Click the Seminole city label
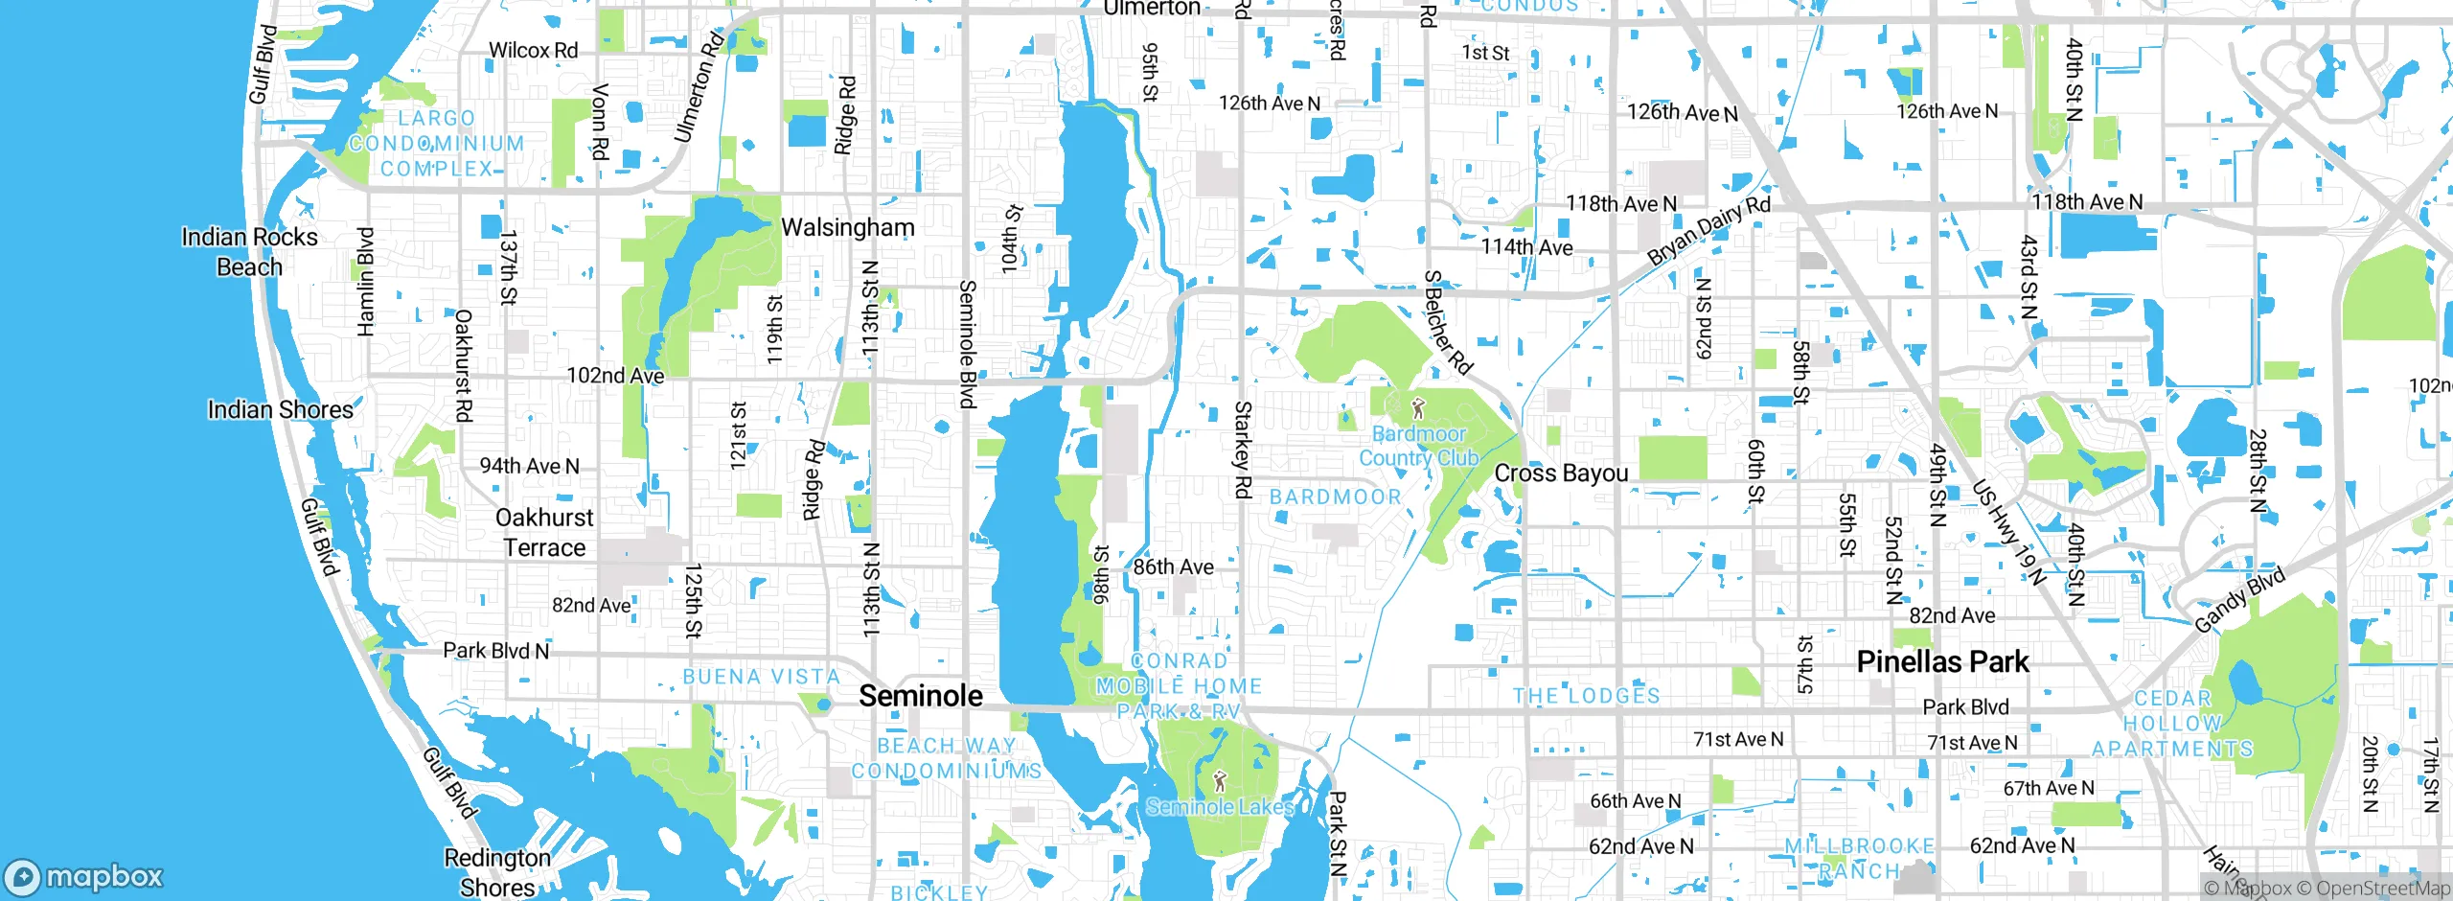click(920, 696)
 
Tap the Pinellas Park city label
click(1942, 661)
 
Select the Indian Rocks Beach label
click(249, 252)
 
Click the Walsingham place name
click(848, 227)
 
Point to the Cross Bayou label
click(1561, 474)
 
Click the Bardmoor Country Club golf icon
click(1419, 409)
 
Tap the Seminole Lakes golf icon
click(1219, 781)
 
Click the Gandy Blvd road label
click(2239, 600)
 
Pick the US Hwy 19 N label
click(2008, 532)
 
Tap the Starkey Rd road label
click(1242, 450)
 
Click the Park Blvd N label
click(495, 651)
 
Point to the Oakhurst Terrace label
click(544, 533)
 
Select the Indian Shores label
click(280, 410)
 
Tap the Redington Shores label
click(497, 872)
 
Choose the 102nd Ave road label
click(615, 376)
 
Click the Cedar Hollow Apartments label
click(2172, 724)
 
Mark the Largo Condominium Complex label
click(436, 144)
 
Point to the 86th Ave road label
click(1173, 567)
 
